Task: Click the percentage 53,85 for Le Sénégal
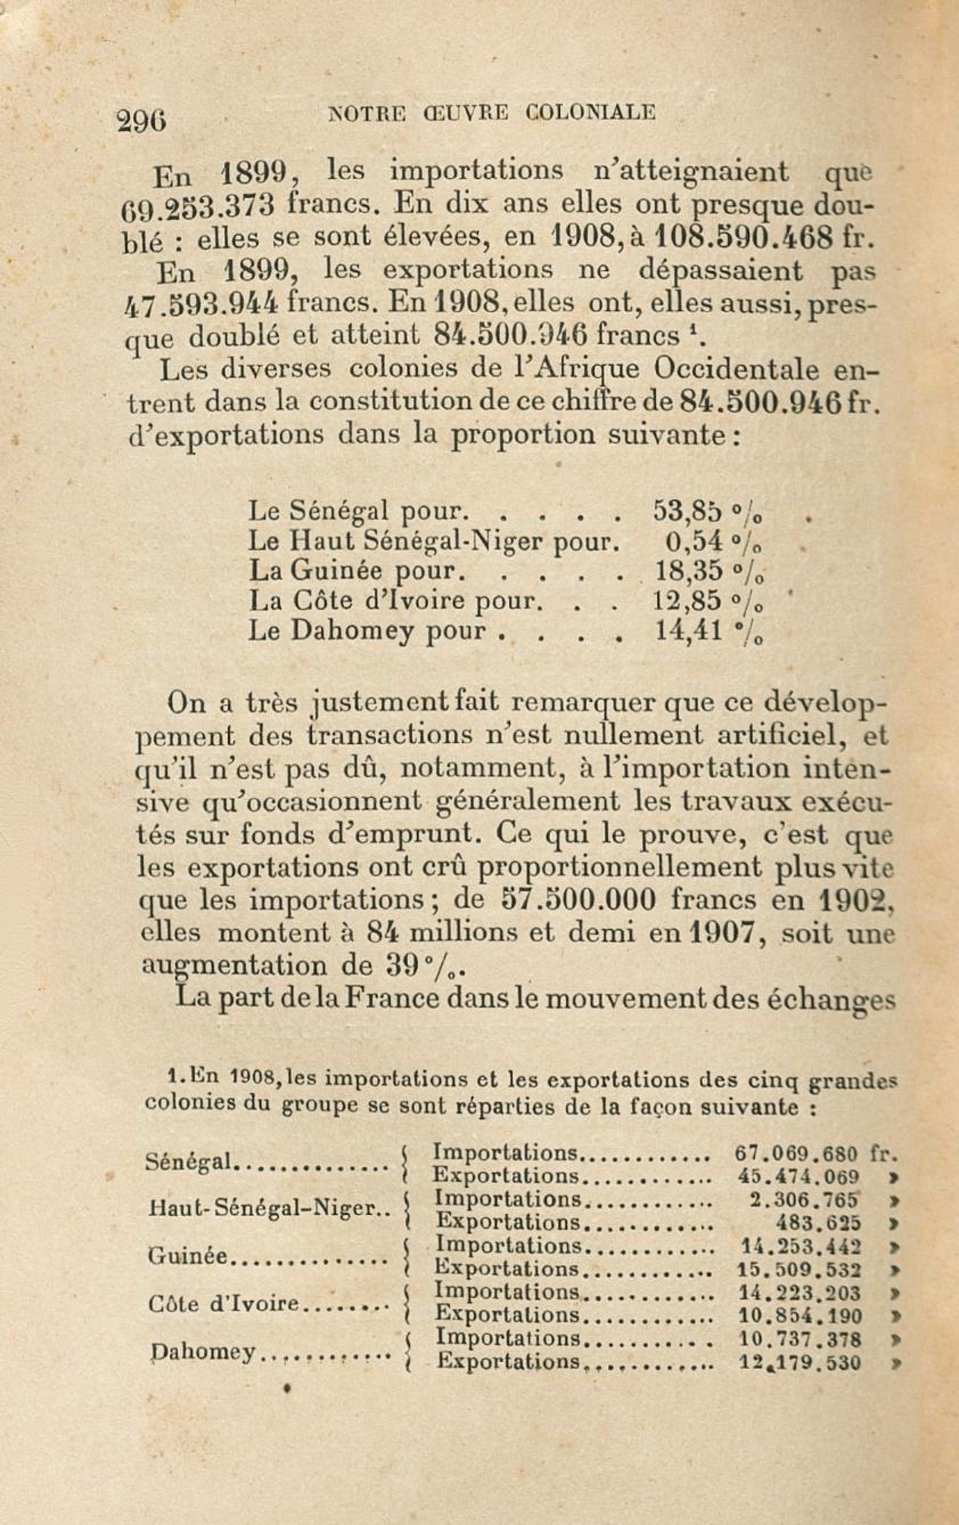point(687,511)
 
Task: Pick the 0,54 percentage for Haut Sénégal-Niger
point(694,541)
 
